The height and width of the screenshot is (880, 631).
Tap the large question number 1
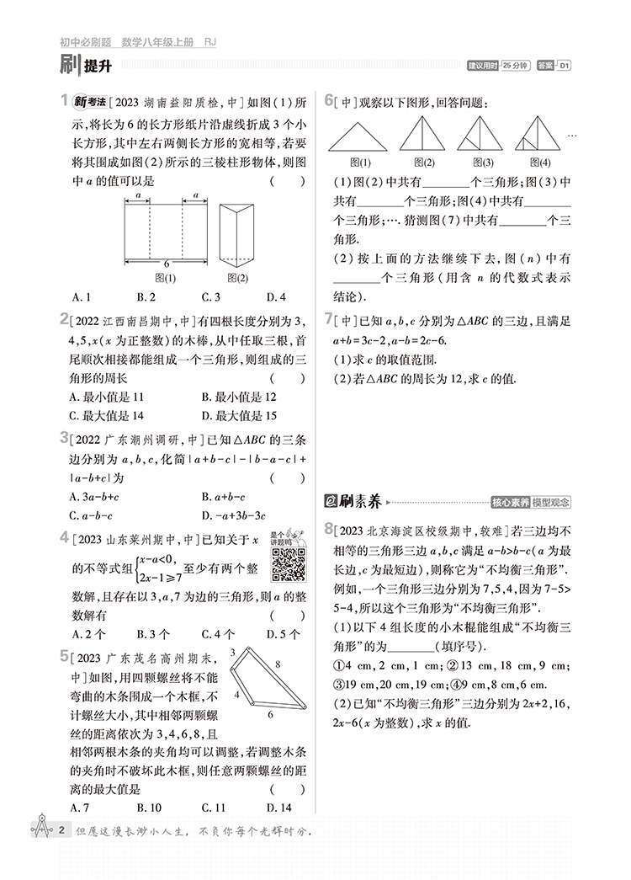65,102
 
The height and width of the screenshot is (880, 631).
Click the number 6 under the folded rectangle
166,264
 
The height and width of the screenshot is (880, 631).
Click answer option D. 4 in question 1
276,296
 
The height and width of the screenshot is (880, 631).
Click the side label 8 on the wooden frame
278,665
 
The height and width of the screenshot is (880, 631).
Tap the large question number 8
329,529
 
